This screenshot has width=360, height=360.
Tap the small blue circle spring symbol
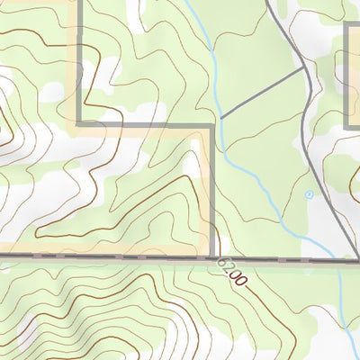tap(309, 194)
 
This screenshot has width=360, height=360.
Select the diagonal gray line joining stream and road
tap(262, 93)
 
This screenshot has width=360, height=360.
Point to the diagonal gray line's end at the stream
tap(221, 118)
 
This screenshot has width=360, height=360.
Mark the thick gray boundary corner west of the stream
tap(212, 125)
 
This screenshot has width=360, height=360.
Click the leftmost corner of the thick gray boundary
tap(79, 123)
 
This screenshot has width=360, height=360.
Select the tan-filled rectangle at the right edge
tap(354, 76)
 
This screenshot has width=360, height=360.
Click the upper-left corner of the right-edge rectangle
tap(347, 25)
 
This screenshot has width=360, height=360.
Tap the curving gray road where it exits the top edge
tap(268, 2)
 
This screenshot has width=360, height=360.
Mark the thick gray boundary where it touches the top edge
tap(79, 2)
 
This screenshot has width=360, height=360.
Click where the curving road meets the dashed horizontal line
tap(353, 260)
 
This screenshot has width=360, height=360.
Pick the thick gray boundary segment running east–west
tap(144, 124)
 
